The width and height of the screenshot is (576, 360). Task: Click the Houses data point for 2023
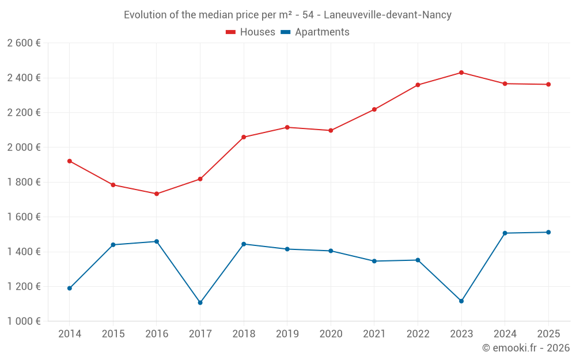click(461, 73)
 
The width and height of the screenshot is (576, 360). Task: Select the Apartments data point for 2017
click(200, 302)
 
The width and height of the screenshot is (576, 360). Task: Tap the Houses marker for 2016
click(157, 194)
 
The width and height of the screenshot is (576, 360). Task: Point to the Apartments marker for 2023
click(461, 301)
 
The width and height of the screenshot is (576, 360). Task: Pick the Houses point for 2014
click(70, 161)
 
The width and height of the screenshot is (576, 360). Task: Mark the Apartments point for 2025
click(548, 232)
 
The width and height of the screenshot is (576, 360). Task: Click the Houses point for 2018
click(244, 137)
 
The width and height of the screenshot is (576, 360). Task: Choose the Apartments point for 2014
click(70, 288)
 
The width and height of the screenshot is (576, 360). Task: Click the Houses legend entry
click(251, 32)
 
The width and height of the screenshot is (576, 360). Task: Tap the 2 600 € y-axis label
click(24, 43)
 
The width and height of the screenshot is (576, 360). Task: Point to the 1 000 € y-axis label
click(24, 321)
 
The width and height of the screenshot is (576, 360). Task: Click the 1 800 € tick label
click(24, 182)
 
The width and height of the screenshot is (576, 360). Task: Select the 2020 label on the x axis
click(331, 334)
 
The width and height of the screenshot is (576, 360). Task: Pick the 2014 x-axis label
click(70, 334)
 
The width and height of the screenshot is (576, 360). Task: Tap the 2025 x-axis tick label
click(548, 334)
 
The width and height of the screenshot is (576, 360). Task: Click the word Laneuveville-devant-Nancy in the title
click(388, 15)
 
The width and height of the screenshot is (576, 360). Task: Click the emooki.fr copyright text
click(525, 348)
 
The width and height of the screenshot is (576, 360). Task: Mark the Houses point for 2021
click(374, 109)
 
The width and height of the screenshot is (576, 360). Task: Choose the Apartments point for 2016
click(157, 241)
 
